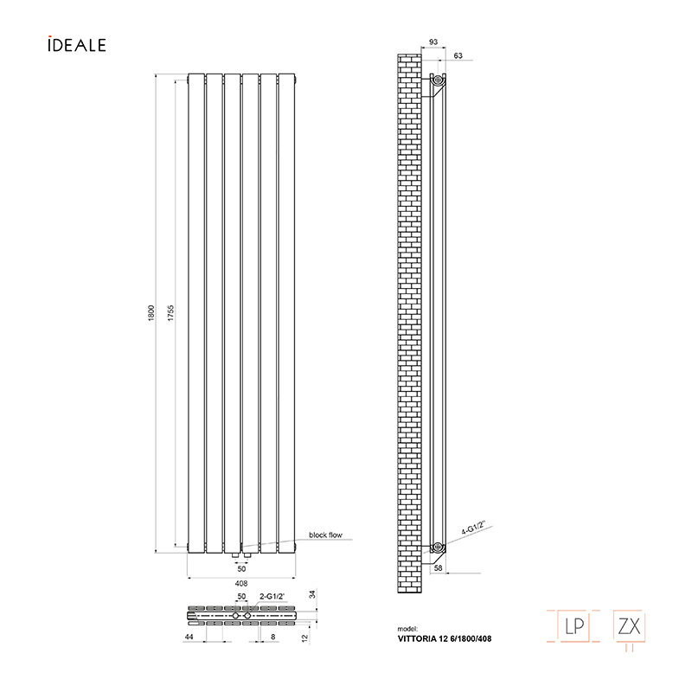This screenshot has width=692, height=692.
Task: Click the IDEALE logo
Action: point(77,44)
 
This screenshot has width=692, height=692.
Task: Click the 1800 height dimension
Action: point(151,313)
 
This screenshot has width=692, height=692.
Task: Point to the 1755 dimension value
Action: point(170,313)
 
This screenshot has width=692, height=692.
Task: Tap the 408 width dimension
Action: point(241,583)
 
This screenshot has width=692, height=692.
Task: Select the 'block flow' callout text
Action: point(326,535)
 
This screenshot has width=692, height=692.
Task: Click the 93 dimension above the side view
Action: point(433,42)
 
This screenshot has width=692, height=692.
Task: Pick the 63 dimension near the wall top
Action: point(458,55)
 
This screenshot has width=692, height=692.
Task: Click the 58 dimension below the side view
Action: point(439,568)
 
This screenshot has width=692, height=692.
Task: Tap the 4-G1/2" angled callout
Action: point(473,528)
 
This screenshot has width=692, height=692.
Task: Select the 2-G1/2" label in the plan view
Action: point(272,597)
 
